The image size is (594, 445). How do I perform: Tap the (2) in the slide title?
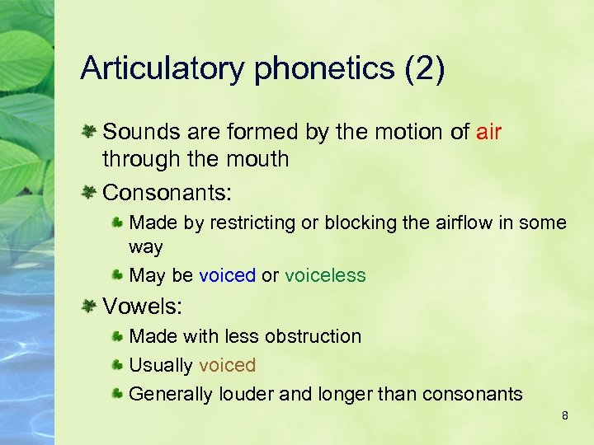point(424,69)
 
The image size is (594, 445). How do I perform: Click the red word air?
point(488,132)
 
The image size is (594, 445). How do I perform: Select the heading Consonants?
point(167,193)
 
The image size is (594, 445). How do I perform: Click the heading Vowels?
point(142,307)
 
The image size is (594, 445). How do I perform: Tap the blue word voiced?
point(227,275)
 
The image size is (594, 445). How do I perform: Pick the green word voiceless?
point(325,275)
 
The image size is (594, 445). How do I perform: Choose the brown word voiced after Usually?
point(227,365)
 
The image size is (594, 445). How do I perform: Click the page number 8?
point(564,415)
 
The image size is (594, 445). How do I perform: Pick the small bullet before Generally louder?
point(119,394)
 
